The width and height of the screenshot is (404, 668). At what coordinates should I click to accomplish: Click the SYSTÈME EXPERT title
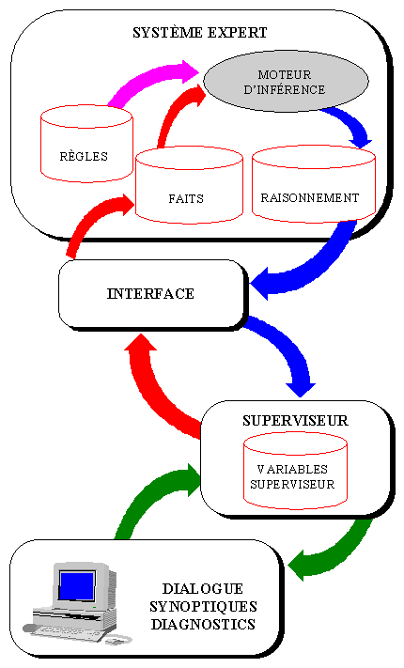coord(199,33)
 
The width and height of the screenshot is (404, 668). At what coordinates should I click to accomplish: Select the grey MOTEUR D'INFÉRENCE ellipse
coord(286,82)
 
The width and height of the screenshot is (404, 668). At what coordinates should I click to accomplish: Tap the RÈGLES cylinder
coord(86,144)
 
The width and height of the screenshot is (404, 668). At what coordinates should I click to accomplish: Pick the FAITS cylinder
coord(189,185)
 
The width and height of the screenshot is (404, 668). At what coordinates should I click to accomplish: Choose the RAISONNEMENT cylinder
coord(314,184)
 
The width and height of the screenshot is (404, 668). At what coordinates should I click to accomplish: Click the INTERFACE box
coord(153,294)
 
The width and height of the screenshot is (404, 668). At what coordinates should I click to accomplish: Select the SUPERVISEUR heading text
coord(295,421)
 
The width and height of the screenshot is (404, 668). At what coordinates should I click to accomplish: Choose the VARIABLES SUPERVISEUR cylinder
coord(295,471)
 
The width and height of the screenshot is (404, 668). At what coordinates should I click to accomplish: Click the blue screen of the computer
coord(77,586)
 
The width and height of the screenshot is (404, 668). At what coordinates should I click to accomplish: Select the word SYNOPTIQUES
coord(203,607)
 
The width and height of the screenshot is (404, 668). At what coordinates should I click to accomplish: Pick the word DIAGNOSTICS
coord(203,625)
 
